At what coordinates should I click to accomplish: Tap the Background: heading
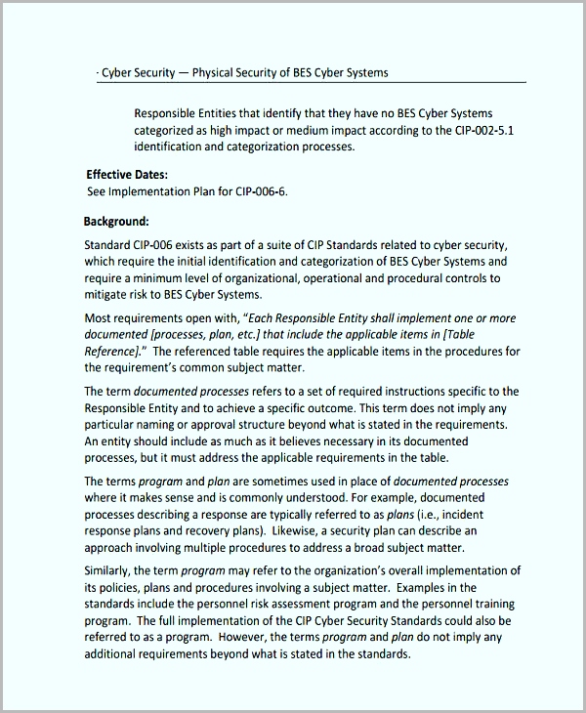[116, 222]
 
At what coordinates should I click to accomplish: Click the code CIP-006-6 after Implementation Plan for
[261, 191]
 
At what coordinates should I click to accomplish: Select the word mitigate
[107, 294]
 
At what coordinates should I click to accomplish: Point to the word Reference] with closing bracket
[115, 351]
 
